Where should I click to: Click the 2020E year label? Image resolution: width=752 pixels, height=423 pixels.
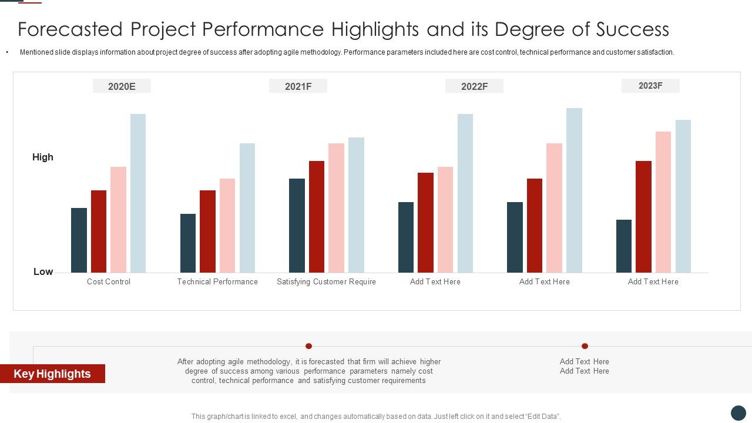pos(122,86)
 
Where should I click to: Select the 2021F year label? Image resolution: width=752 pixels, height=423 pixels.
pos(298,86)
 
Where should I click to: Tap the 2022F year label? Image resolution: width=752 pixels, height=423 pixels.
pos(474,86)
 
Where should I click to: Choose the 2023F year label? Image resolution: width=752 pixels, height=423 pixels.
pos(650,86)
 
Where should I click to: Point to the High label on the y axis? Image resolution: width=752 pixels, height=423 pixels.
pos(43,157)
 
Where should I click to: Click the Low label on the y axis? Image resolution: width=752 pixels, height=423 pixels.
pos(43,271)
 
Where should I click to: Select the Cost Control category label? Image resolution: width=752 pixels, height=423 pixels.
pos(109,281)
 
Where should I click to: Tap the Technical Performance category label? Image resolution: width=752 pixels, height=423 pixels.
pos(217,281)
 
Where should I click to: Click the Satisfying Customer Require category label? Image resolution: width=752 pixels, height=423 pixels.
pos(326,281)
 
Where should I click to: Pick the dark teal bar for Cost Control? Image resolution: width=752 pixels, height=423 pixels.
pos(79,240)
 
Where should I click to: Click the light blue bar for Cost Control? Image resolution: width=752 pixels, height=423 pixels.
pos(138,193)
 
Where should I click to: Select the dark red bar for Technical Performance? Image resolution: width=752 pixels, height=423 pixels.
pos(207,231)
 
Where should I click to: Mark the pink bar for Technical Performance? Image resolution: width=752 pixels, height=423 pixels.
pos(227,226)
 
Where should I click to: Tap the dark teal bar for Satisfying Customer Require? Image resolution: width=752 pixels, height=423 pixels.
pos(297,226)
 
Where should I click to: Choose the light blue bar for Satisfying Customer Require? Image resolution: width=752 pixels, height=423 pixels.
pos(356,205)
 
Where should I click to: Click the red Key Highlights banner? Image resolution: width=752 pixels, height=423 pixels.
pos(52,374)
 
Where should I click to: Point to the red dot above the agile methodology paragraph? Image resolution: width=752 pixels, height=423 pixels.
pos(308,346)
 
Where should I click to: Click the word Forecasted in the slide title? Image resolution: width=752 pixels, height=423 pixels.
pos(70,29)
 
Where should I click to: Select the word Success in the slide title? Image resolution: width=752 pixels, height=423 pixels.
pos(632,29)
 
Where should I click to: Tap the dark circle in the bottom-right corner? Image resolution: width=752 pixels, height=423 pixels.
pos(738,412)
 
